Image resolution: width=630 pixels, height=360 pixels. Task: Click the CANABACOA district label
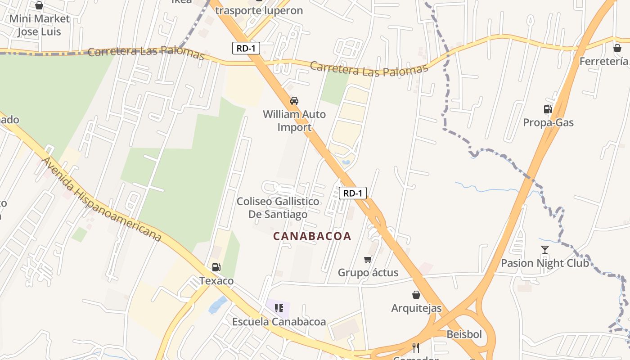(312, 236)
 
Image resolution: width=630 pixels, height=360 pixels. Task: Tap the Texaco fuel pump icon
(216, 267)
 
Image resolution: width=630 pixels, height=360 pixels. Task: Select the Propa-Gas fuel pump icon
(548, 109)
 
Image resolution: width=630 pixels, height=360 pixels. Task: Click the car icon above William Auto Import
(294, 100)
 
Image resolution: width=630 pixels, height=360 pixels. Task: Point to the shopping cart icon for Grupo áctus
(368, 259)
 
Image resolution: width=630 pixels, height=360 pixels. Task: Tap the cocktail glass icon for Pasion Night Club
(545, 249)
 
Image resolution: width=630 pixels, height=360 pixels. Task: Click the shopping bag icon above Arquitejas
(416, 295)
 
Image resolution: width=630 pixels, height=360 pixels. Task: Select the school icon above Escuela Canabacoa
(279, 308)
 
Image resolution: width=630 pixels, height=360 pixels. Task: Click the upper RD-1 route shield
(246, 48)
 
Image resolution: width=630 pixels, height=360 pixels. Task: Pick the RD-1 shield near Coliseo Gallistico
(353, 193)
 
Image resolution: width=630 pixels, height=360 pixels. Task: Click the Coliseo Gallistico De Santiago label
(278, 207)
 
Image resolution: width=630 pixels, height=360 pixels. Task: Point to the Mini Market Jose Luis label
(40, 25)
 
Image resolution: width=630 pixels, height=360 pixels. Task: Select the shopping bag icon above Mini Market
(39, 5)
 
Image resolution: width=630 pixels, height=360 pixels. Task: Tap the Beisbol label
(464, 334)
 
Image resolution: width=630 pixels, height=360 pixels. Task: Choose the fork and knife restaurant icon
(416, 348)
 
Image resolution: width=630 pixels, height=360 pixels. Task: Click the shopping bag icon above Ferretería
(617, 48)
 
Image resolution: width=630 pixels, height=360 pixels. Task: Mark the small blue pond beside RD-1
(346, 162)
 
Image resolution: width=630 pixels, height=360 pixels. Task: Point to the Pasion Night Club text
(545, 263)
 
